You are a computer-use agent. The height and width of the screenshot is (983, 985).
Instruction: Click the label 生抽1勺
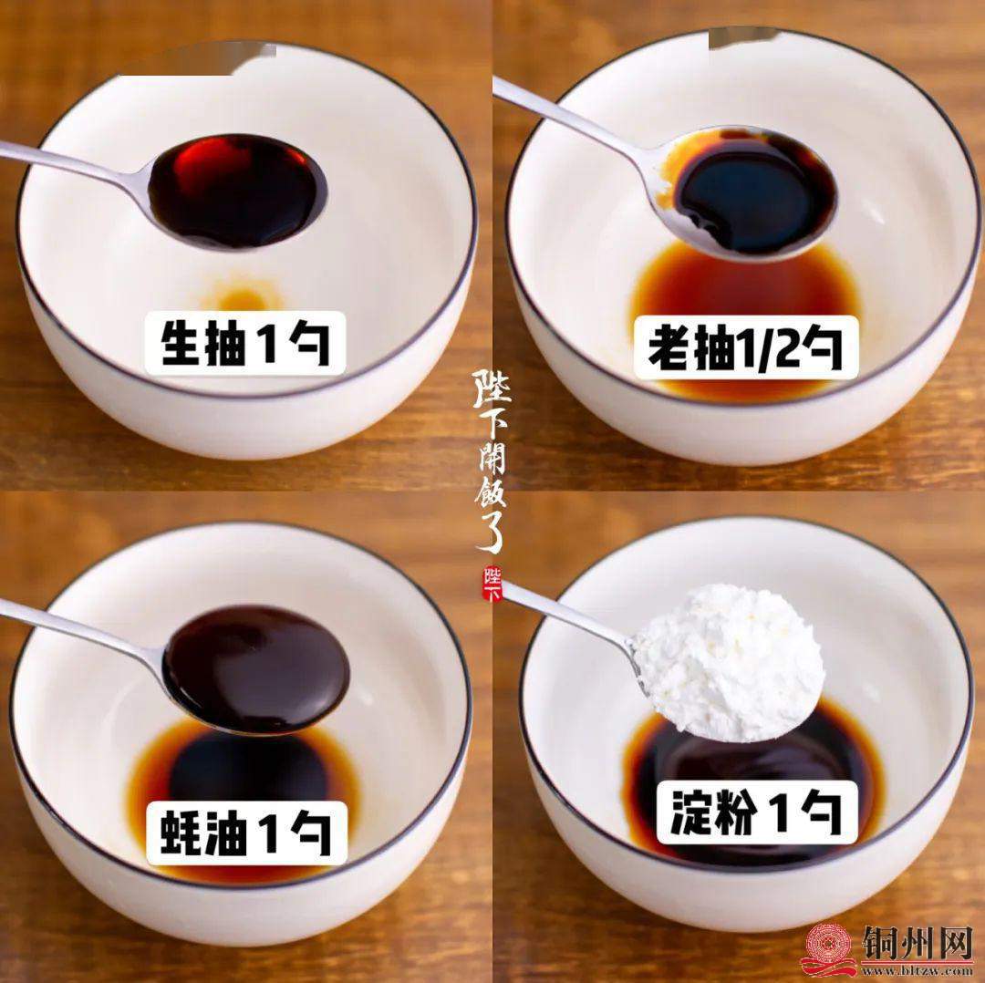coord(245,343)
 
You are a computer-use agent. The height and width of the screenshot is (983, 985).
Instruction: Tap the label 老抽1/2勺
coord(746,347)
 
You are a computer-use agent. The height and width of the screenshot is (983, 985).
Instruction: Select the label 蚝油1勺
coord(246,833)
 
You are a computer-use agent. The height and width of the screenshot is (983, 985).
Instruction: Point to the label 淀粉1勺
coord(757,812)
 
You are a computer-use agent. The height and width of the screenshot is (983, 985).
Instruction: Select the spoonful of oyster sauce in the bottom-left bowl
coord(255,669)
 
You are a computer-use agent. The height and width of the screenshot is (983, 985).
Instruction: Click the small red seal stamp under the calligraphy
coord(493,584)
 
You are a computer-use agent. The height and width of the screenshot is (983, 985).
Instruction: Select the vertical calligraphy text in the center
coord(491,460)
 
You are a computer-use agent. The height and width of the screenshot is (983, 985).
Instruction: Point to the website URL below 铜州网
coord(918,970)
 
